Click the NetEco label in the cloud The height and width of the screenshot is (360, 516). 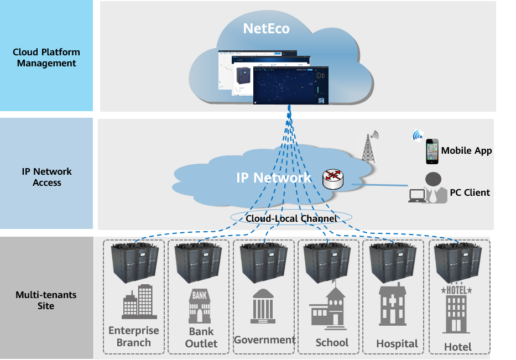(266, 28)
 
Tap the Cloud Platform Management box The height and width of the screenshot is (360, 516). (46, 56)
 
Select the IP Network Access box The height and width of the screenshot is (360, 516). (46, 176)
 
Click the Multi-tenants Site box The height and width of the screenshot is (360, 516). (46, 299)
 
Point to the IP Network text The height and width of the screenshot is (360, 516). (274, 178)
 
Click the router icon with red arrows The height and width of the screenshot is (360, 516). (333, 178)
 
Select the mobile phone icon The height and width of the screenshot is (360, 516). (432, 151)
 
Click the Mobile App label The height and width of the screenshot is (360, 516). (466, 150)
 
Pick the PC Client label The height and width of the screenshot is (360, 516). (470, 192)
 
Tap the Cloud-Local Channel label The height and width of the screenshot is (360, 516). (291, 218)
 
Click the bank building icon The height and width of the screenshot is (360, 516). (200, 306)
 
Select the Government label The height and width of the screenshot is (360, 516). (264, 340)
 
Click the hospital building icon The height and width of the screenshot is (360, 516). (393, 306)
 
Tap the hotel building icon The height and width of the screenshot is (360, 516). (456, 310)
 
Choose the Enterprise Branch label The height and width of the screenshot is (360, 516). (133, 336)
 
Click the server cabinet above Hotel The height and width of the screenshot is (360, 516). (457, 263)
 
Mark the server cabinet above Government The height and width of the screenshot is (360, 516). (264, 262)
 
